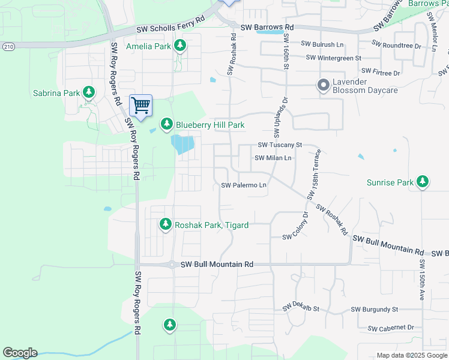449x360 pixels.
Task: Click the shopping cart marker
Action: pos(140,106)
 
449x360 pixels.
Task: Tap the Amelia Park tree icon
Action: pos(179,46)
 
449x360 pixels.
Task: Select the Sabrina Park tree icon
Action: pos(89,92)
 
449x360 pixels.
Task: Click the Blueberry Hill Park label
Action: pos(210,125)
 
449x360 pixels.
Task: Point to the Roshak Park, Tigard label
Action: pos(211,225)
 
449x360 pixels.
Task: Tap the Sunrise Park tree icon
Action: pos(423,181)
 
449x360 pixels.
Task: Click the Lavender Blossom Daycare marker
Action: pos(324,85)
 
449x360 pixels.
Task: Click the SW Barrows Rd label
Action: pos(267,28)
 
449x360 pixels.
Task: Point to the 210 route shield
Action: pos(7,46)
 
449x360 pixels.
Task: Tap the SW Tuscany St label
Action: pos(279,145)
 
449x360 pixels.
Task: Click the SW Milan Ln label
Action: pos(273,158)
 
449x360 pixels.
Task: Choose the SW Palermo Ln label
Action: pos(244,185)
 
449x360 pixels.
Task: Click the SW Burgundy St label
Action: pos(375,310)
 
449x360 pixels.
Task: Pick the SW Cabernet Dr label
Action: pos(391,328)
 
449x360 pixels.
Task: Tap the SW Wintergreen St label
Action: pos(333,58)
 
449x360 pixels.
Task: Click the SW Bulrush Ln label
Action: pos(322,44)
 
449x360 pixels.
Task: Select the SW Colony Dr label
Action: pos(295,226)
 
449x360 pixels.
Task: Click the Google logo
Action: pos(20,353)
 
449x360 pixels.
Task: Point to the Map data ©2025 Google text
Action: pos(411,355)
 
